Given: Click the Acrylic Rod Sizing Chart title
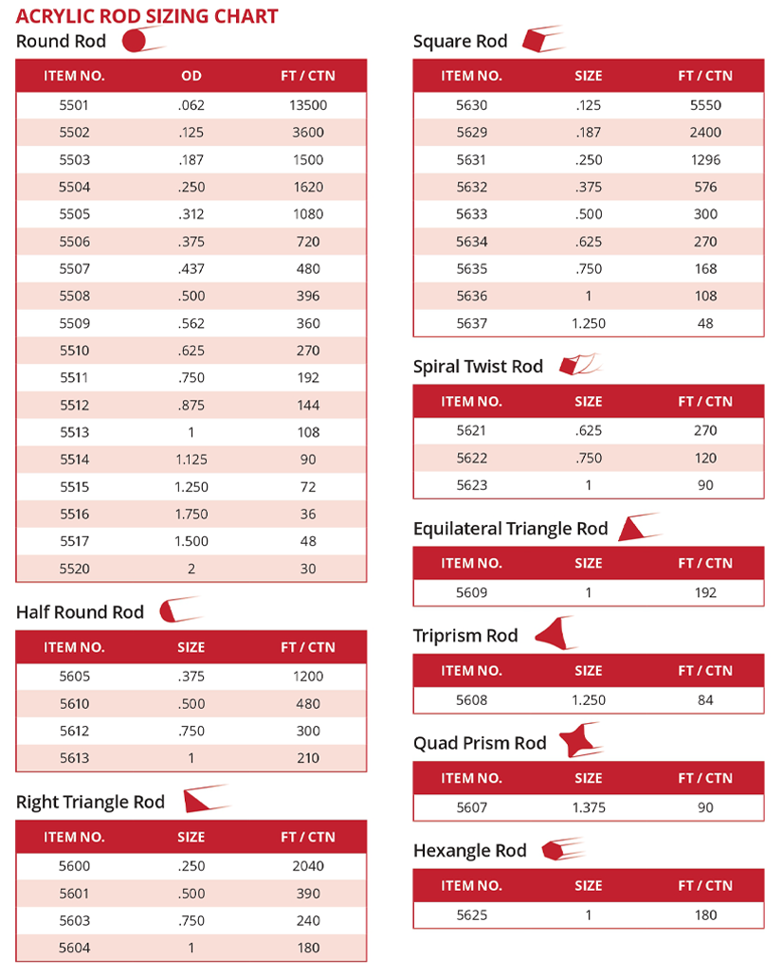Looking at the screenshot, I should click(147, 15).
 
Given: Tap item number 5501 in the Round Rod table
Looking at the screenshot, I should click(74, 105).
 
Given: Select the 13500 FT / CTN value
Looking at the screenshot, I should click(307, 105).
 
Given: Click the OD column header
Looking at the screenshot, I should click(191, 75).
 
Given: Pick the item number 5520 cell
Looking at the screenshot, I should click(74, 569).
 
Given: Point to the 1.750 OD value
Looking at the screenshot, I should click(191, 514).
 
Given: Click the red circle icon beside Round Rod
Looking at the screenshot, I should click(135, 41).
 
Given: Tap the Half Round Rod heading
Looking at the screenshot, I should click(80, 612).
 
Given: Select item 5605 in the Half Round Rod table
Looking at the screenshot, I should click(74, 677).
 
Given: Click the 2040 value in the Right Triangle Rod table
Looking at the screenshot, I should click(307, 866).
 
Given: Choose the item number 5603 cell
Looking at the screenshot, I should click(74, 920).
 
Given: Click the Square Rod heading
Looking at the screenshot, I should click(460, 41).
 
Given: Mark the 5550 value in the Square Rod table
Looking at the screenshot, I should click(705, 105).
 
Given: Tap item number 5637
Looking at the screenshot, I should click(471, 323).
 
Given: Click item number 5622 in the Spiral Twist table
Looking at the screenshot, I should click(471, 458).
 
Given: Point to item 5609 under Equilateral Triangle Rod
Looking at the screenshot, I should click(471, 592).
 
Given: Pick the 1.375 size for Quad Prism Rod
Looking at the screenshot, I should click(588, 807).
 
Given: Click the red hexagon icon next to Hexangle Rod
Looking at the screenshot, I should click(554, 850).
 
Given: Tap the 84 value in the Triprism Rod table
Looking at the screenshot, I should click(705, 700).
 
